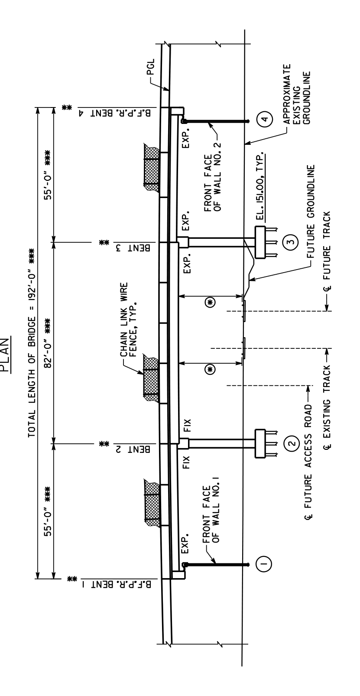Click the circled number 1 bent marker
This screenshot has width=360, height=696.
264,563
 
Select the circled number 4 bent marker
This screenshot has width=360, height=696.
265,119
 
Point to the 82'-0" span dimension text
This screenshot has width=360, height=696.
48,343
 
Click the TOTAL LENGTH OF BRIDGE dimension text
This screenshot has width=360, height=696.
32,343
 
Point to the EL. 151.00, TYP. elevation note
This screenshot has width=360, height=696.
260,186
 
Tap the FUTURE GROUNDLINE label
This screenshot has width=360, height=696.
311,211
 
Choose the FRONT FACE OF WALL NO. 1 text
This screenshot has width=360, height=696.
211,510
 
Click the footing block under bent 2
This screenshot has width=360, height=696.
260,443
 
